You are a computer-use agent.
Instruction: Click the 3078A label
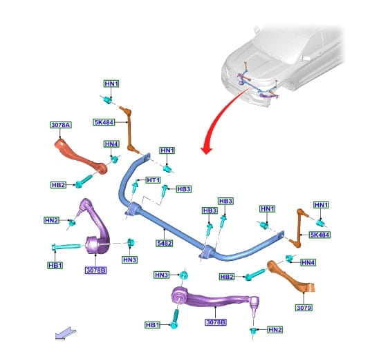[61, 125]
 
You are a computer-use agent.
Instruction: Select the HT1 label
[153, 180]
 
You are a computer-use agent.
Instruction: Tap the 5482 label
[164, 243]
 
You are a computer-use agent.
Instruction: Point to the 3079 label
[304, 307]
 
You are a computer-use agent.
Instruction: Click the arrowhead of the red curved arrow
[207, 150]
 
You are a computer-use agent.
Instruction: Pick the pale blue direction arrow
[66, 333]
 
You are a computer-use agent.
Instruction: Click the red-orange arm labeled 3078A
[80, 157]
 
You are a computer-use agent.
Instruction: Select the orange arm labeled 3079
[291, 277]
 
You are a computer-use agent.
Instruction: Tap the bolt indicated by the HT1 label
[136, 187]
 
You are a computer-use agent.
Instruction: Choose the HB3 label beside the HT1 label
[183, 189]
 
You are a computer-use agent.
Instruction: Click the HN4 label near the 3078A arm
[111, 144]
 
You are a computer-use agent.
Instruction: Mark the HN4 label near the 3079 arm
[308, 262]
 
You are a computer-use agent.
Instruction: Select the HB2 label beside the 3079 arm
[227, 277]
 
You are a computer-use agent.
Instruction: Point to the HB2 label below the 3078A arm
[58, 185]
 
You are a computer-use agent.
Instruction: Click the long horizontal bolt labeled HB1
[66, 247]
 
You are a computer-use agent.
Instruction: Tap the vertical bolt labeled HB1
[174, 319]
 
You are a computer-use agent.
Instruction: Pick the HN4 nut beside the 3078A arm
[115, 159]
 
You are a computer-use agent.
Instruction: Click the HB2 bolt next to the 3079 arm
[255, 275]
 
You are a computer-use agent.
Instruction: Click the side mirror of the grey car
[306, 58]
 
